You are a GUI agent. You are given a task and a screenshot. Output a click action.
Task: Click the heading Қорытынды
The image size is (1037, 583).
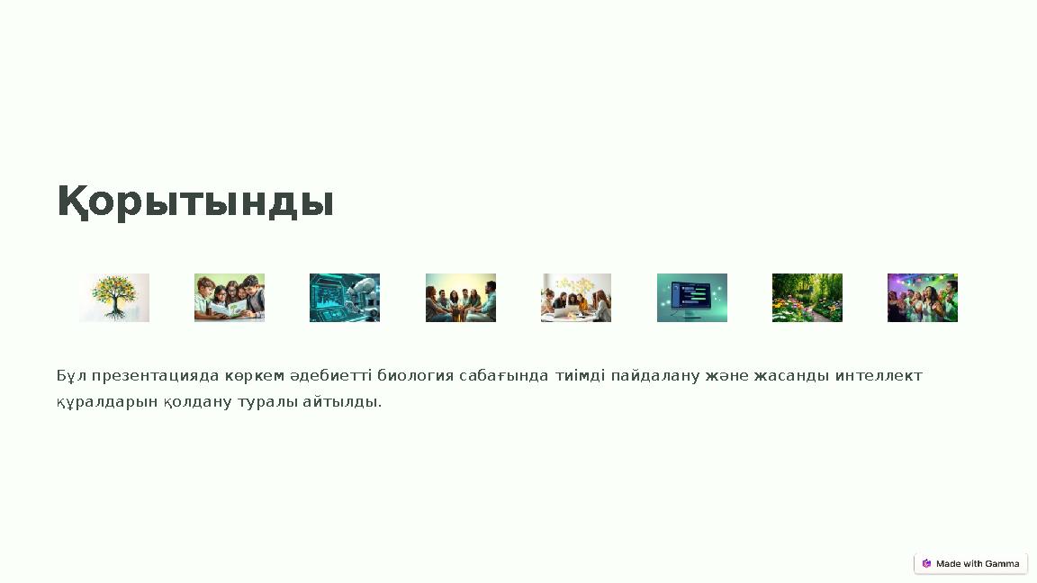pyautogui.click(x=195, y=202)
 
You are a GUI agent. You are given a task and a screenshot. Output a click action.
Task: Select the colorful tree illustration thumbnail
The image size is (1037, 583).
pyautogui.click(x=114, y=298)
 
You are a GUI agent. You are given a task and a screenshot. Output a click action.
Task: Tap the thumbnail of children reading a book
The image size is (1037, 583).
pyautogui.click(x=230, y=298)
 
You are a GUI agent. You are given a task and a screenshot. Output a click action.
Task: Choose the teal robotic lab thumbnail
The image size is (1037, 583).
pyautogui.click(x=345, y=298)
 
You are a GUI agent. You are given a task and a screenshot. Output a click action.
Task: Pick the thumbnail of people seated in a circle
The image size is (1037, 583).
pyautogui.click(x=461, y=298)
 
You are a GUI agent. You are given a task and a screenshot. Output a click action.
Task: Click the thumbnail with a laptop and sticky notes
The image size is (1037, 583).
pyautogui.click(x=576, y=298)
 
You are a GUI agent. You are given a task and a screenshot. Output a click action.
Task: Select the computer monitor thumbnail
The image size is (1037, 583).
pyautogui.click(x=692, y=298)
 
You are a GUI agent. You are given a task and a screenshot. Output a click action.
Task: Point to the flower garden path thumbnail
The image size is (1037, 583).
pyautogui.click(x=807, y=298)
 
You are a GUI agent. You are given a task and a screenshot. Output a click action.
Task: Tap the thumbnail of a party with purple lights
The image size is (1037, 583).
pyautogui.click(x=923, y=298)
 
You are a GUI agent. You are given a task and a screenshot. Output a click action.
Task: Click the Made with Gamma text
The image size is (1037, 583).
pyautogui.click(x=978, y=564)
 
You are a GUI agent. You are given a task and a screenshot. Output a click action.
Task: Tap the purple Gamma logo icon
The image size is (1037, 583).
pyautogui.click(x=926, y=564)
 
